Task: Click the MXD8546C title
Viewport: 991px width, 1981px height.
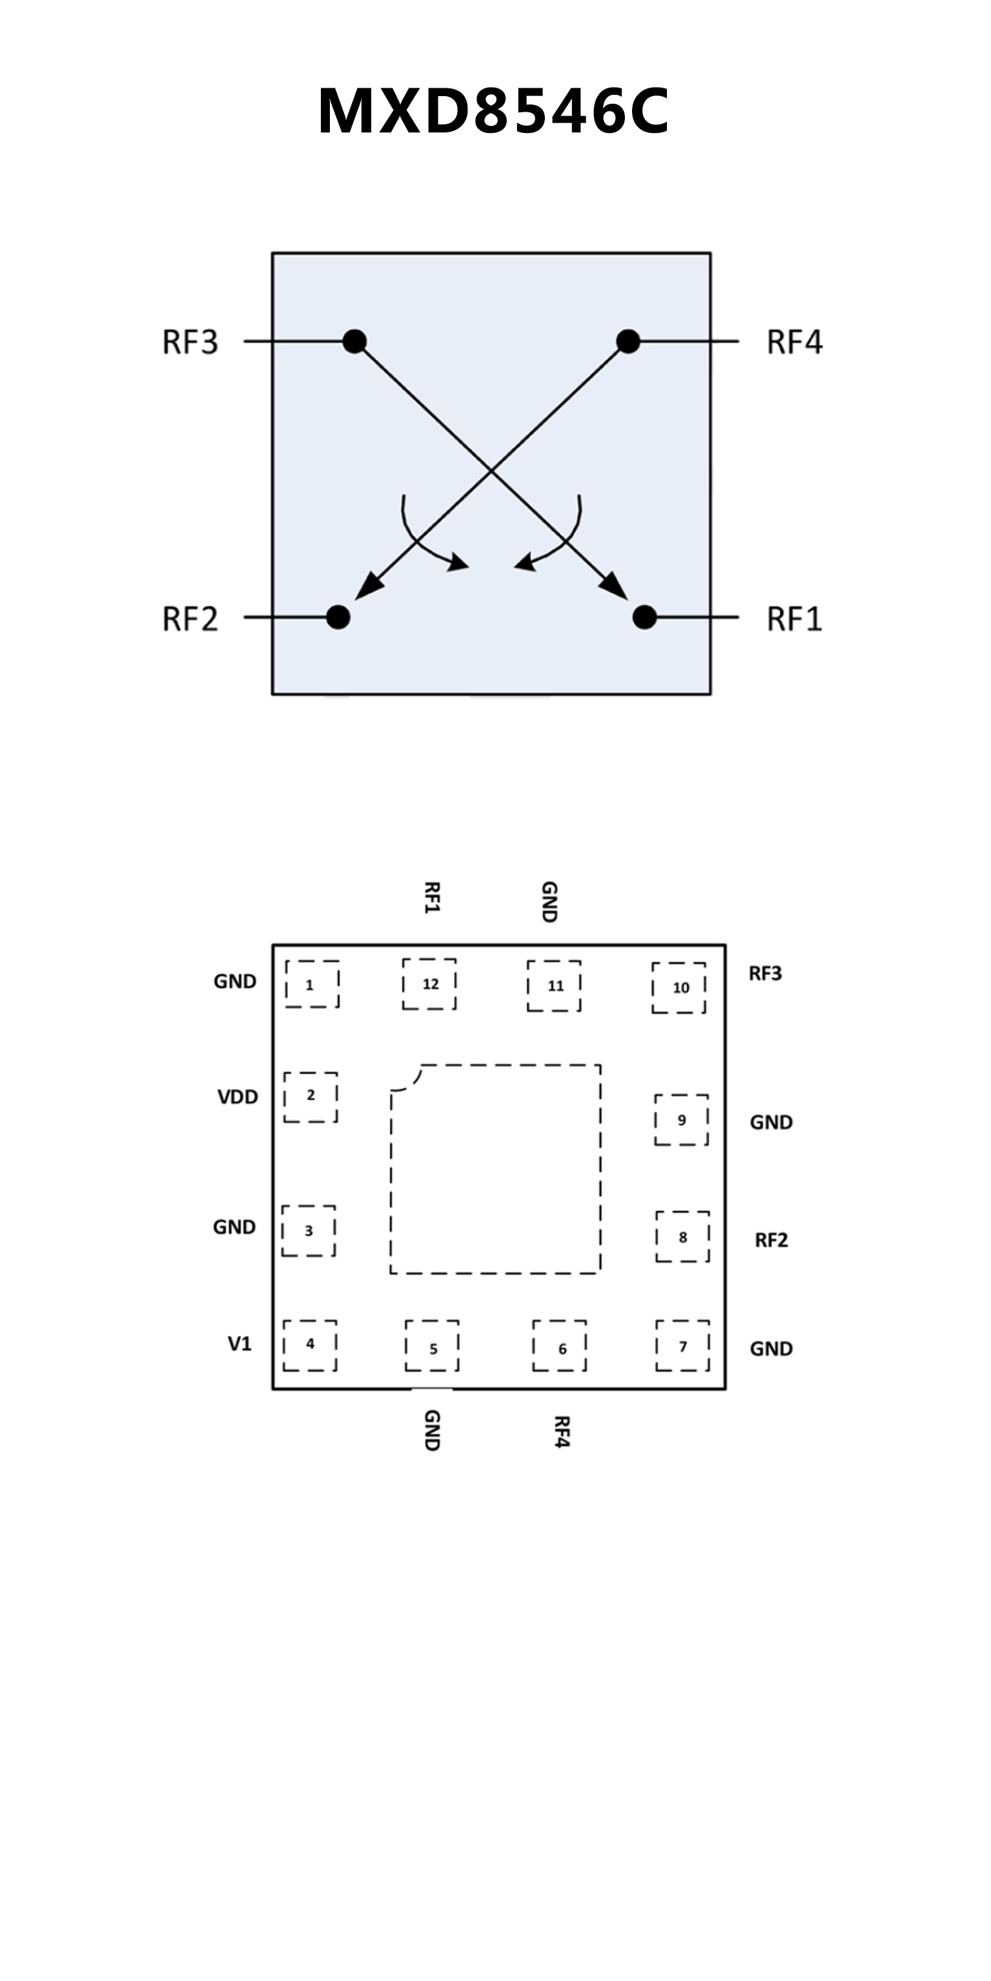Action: tap(493, 112)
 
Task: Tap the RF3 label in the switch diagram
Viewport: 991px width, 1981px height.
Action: tap(190, 341)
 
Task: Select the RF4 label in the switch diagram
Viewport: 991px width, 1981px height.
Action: tap(795, 341)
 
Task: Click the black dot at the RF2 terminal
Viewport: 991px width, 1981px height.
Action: tap(338, 617)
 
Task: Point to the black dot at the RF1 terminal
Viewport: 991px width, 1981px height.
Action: tap(645, 617)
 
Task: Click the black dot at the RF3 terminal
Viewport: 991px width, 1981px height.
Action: tap(354, 341)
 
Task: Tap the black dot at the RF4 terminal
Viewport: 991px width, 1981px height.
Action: tap(628, 341)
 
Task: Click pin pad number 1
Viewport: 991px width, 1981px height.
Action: tap(312, 984)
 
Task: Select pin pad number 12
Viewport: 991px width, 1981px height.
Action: tap(429, 984)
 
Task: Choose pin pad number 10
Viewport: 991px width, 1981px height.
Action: tap(679, 988)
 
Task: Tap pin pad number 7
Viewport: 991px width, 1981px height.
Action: tap(682, 1346)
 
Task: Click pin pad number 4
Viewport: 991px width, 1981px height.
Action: tap(310, 1344)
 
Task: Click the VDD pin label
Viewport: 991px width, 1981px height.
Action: tap(238, 1097)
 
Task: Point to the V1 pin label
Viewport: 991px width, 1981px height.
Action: tap(240, 1344)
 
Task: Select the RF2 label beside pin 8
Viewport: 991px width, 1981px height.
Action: tap(771, 1240)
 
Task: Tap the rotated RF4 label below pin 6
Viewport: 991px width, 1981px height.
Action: tap(561, 1431)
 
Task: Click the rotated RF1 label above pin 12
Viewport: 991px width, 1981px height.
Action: tap(432, 897)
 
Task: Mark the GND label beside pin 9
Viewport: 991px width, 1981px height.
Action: tap(771, 1122)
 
